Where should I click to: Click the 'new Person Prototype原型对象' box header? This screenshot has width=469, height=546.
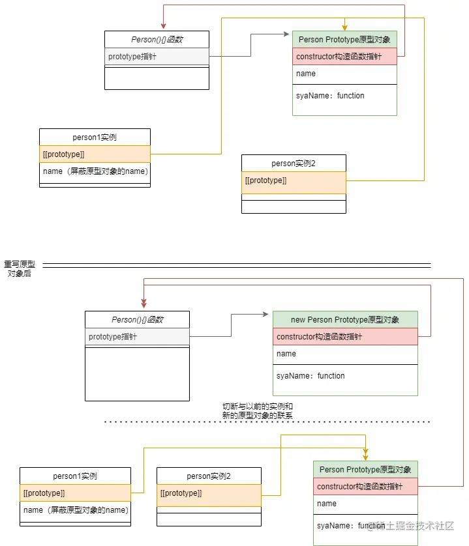click(x=344, y=320)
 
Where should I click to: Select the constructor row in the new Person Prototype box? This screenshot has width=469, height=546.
click(x=344, y=337)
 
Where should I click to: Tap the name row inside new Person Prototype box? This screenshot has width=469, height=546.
click(x=344, y=354)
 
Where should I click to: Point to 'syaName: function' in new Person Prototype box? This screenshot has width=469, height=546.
click(x=310, y=376)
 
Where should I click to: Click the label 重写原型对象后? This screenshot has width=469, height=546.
click(x=20, y=269)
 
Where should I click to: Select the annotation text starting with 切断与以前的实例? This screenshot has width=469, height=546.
click(x=258, y=410)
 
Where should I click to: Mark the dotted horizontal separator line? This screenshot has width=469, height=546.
click(x=267, y=422)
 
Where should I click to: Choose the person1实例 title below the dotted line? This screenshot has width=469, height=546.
click(x=75, y=476)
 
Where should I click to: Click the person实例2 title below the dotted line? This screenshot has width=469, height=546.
click(x=209, y=476)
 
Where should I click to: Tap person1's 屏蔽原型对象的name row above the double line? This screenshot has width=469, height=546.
click(x=95, y=171)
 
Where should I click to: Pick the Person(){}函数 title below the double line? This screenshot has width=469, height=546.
click(x=137, y=320)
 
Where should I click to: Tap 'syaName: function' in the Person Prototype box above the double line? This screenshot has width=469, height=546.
click(x=330, y=96)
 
